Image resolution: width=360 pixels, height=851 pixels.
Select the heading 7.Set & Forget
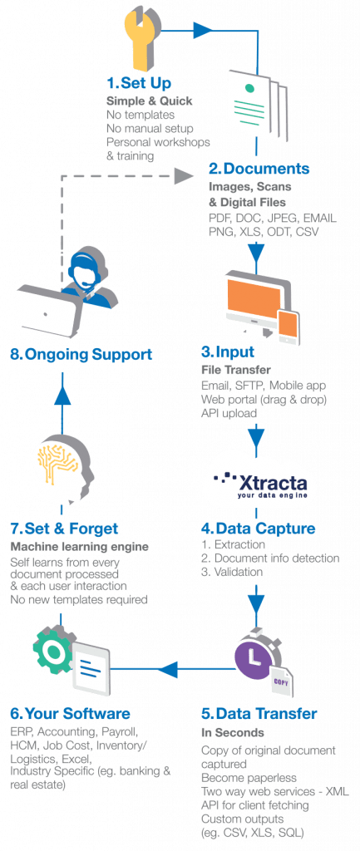pyautogui.click(x=64, y=529)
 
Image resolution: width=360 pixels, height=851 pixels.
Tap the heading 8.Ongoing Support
pyautogui.click(x=81, y=355)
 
